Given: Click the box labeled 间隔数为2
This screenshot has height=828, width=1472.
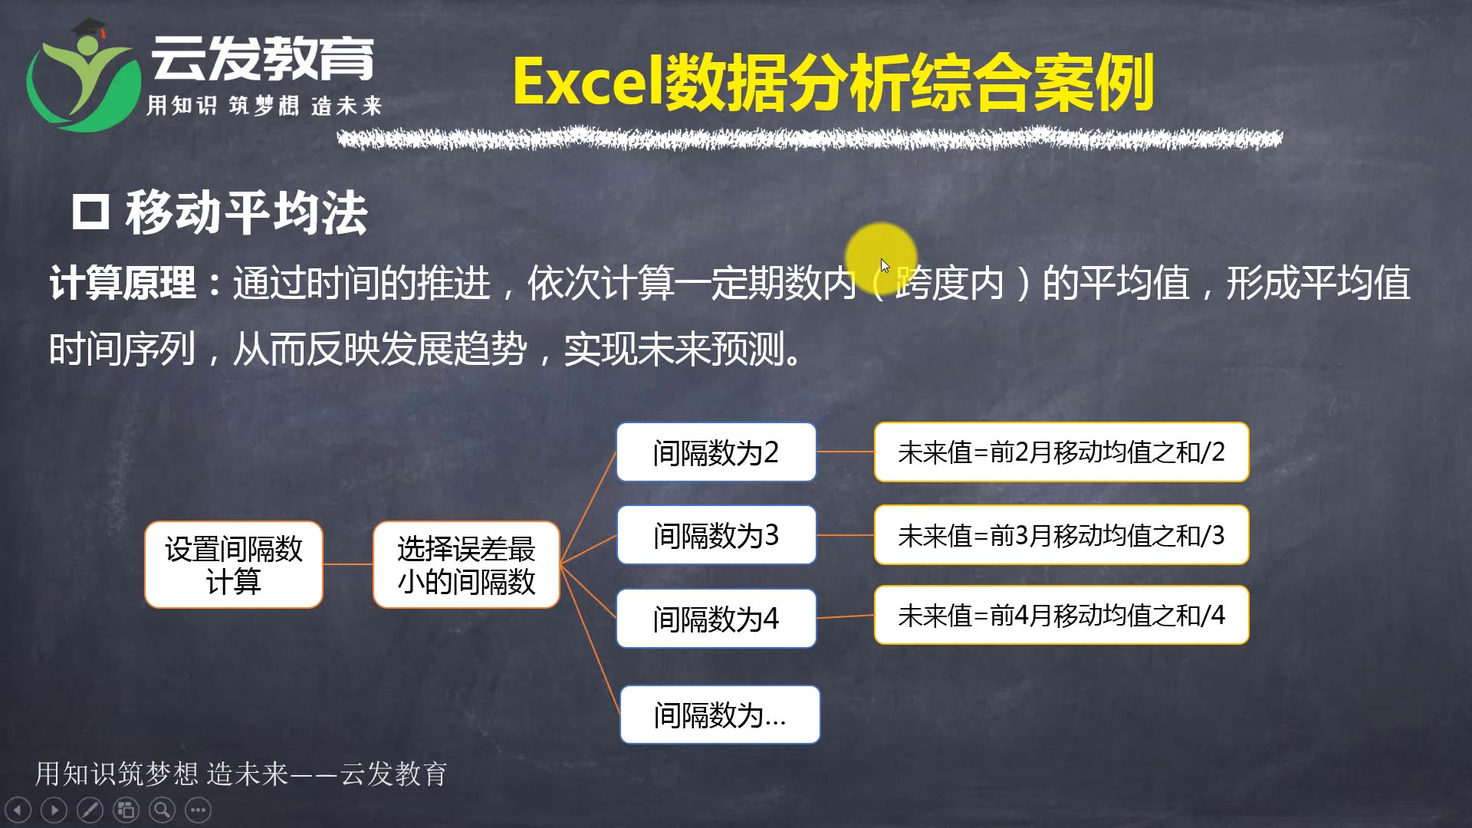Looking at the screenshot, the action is [716, 452].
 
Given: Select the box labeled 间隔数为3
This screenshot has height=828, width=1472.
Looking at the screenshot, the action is [716, 535].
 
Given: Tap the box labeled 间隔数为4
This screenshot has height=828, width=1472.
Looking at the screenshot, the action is [716, 618].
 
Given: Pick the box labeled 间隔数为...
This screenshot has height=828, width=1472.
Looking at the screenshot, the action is [720, 715].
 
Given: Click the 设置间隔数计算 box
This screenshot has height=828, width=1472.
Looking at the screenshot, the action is [234, 565].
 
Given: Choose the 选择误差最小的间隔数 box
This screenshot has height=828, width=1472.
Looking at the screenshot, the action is [466, 565].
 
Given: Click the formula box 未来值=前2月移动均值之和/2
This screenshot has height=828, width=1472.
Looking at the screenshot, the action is [1061, 452].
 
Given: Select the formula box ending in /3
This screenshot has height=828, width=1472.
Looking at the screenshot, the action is [1061, 535].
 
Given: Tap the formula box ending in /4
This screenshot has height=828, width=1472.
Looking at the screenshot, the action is [1061, 615].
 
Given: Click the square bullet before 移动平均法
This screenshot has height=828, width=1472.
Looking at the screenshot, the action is [90, 212].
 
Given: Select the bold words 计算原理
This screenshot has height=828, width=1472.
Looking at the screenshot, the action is [123, 283].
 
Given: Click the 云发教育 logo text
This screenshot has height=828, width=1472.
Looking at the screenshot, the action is [262, 58].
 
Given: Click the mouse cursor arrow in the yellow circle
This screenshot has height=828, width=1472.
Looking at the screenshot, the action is [885, 265].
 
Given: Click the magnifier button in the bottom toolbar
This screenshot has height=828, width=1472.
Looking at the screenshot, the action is [162, 810].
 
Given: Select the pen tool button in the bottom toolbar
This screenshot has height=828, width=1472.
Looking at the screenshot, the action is [90, 810].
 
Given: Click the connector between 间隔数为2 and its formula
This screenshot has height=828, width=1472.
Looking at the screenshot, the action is [845, 452].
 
